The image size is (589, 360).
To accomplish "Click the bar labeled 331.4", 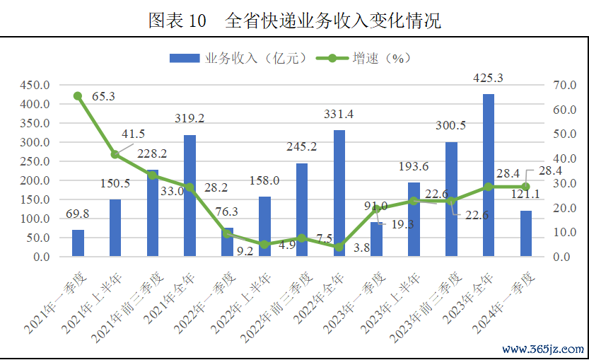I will [x=339, y=193].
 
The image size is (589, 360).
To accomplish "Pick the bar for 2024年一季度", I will [x=525, y=233].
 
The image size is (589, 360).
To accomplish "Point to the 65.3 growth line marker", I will [x=78, y=96].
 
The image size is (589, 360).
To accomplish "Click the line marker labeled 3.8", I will [x=339, y=247].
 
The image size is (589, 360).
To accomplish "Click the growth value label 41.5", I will [x=133, y=134].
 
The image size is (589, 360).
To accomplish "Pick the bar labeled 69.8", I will [x=78, y=243].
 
